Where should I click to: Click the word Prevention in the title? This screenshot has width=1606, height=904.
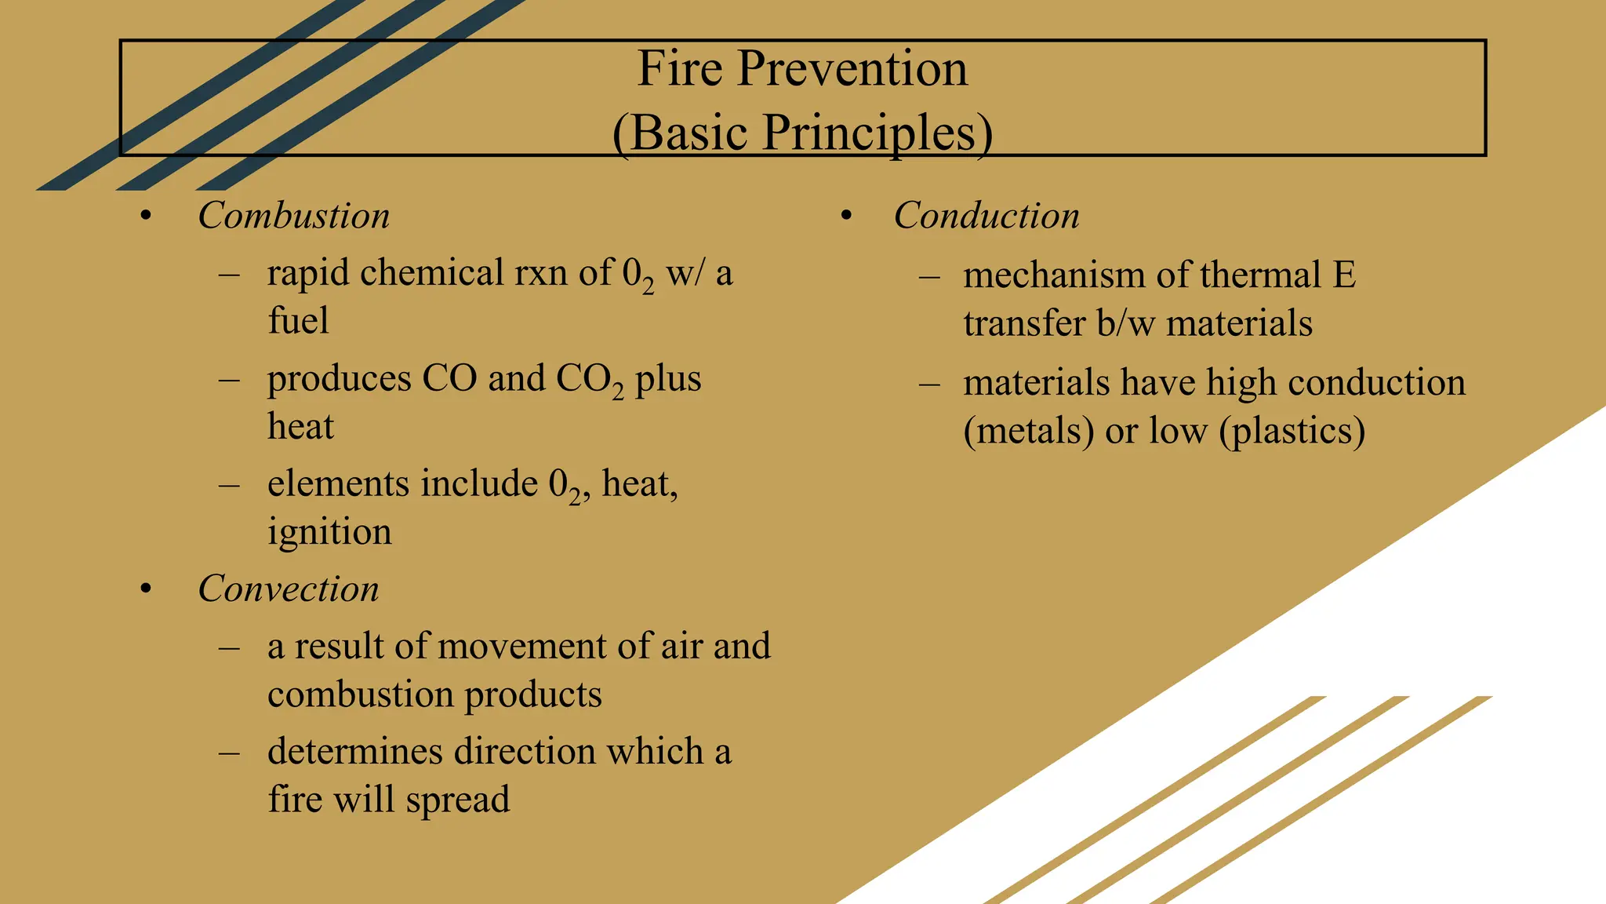click(x=852, y=69)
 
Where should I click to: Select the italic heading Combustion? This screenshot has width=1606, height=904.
click(x=293, y=216)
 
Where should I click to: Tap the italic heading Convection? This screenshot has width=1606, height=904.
click(x=288, y=589)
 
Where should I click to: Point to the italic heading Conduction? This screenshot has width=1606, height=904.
click(x=986, y=216)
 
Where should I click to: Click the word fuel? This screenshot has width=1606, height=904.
click(x=298, y=321)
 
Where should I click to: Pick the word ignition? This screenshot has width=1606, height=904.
click(x=329, y=533)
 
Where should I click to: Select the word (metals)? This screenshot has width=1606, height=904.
click(x=1028, y=431)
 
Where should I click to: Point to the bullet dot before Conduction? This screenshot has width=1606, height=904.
click(x=846, y=216)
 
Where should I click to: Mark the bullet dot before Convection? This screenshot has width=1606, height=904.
click(x=145, y=589)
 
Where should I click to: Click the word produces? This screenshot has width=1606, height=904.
click(x=339, y=380)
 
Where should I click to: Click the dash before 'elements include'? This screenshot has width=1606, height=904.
click(x=229, y=485)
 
